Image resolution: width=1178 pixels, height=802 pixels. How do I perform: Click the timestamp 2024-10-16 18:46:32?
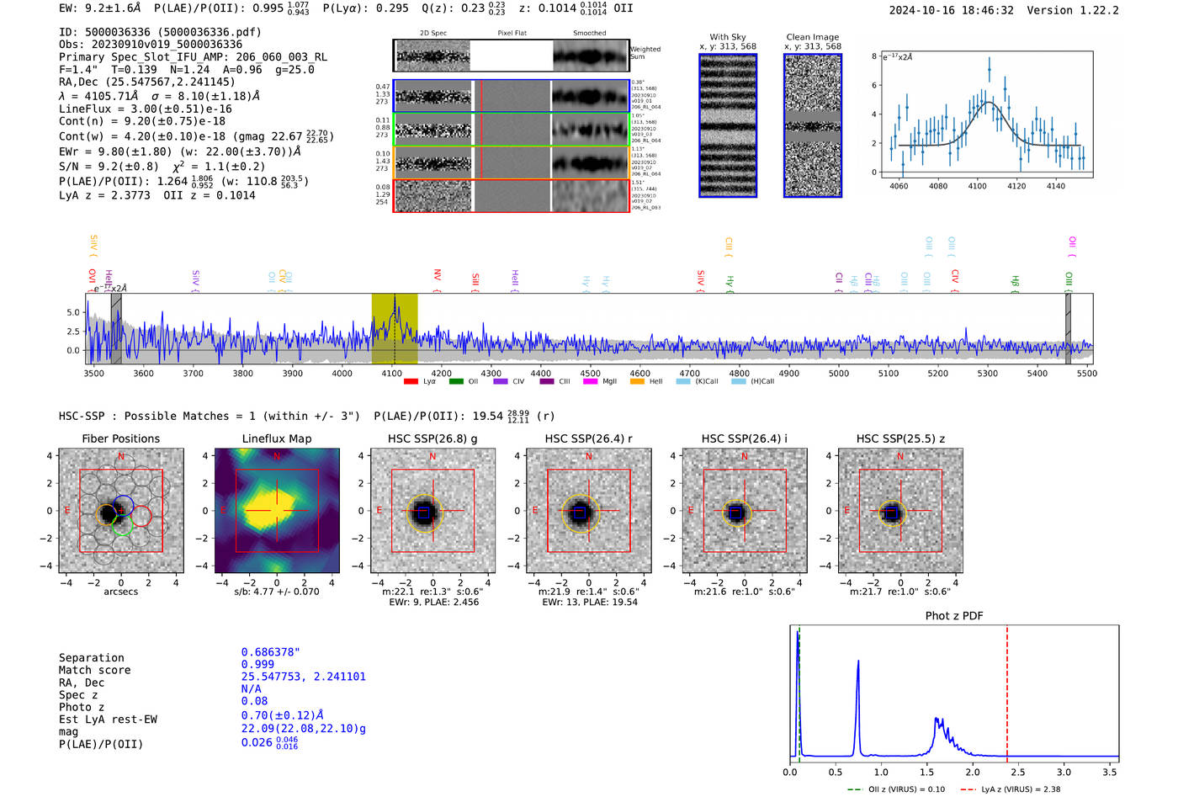(x=951, y=11)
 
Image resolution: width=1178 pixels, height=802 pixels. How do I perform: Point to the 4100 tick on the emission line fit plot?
(x=977, y=186)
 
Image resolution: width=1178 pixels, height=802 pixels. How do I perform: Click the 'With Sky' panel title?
(x=727, y=37)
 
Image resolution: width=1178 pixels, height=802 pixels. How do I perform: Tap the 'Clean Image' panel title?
(x=812, y=37)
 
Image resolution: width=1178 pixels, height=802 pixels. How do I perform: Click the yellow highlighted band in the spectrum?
(x=394, y=328)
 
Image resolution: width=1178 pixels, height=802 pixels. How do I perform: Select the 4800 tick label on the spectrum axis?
(x=739, y=373)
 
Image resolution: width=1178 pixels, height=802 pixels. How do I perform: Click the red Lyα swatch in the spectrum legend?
(x=411, y=381)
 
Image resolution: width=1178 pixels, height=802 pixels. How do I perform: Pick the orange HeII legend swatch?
(x=636, y=381)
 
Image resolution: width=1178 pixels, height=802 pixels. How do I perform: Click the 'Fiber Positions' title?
(x=120, y=438)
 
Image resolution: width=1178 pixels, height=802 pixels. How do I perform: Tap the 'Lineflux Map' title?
(x=276, y=438)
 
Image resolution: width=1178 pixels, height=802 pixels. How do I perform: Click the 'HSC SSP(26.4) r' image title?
(x=588, y=438)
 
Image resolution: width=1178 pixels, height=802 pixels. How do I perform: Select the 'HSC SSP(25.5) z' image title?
(x=900, y=438)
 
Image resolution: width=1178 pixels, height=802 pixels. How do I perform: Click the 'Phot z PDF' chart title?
(x=953, y=616)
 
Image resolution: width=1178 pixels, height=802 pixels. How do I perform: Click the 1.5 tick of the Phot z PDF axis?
(x=926, y=772)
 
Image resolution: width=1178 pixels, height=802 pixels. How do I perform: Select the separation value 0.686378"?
(x=270, y=652)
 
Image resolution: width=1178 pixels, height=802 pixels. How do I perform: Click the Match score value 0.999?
(x=257, y=664)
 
